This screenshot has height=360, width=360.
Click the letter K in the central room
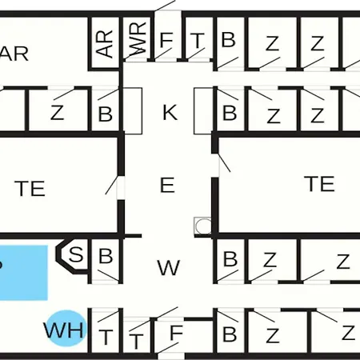170,112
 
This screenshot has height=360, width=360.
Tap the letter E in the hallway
167,185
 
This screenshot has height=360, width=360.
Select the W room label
169,267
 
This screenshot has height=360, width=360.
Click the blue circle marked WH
66,328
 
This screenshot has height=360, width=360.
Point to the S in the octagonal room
76,254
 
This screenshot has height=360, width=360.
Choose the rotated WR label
138,38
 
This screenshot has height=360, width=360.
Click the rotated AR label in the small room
105,43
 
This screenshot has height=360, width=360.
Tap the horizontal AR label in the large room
14,54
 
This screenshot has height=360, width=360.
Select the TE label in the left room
30,189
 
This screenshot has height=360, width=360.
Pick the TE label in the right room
319,184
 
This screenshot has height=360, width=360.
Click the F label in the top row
166,39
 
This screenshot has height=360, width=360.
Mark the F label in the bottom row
176,333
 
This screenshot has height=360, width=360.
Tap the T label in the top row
198,40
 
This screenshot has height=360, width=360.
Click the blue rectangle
24,273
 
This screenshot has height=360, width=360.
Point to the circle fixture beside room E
203,226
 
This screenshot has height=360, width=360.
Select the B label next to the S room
106,255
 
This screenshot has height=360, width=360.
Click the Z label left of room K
58,113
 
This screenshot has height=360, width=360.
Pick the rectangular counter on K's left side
133,110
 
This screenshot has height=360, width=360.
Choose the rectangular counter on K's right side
203,110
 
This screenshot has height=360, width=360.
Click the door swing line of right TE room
224,162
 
